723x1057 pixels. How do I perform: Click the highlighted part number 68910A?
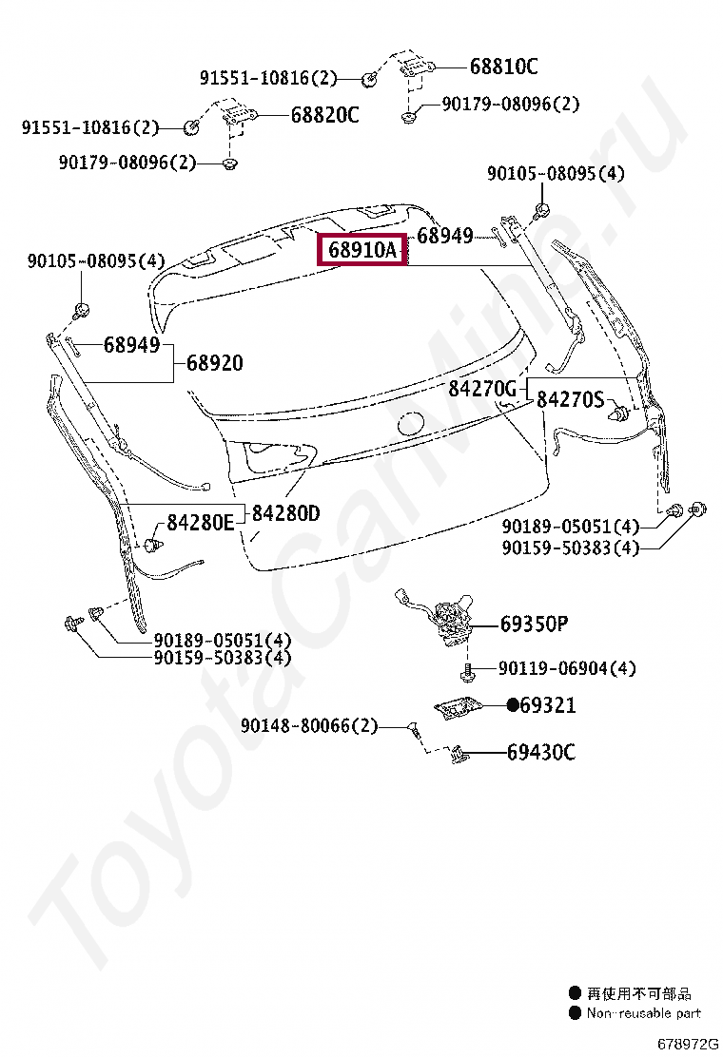362,250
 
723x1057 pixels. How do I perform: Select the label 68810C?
504,67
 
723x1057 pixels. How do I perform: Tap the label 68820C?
324,115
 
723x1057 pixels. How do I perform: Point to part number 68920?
214,363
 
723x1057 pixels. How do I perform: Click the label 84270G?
482,388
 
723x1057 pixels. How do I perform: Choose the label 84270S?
570,399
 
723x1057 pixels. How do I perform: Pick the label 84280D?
286,513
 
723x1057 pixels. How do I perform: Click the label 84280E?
201,522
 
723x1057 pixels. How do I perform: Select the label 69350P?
534,624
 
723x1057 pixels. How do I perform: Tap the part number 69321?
548,705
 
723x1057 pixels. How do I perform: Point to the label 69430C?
541,752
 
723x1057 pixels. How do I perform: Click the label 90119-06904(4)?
567,668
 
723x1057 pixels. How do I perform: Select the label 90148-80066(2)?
309,725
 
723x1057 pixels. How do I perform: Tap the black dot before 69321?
513,705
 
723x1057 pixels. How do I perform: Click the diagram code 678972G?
688,1045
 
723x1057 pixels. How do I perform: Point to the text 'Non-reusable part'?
643,1012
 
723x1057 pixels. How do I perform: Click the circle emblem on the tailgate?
410,424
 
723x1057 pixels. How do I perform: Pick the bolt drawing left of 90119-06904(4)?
466,671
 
